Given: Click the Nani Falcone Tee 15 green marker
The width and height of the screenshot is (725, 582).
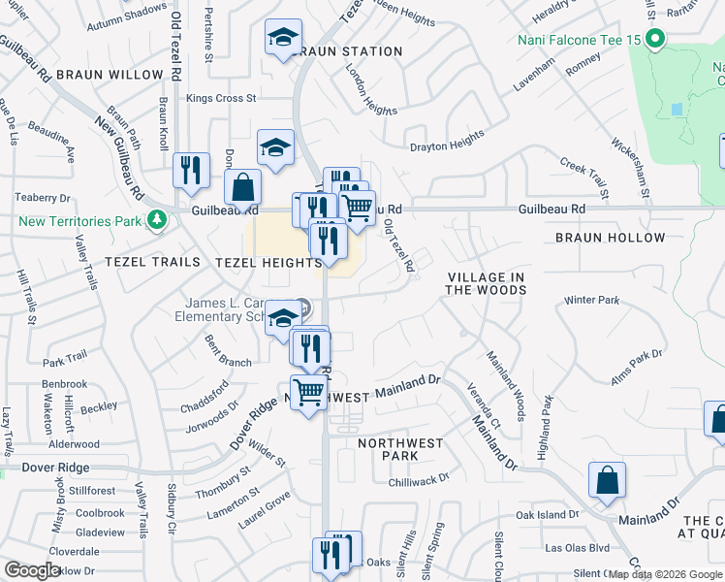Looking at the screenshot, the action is click(655, 40).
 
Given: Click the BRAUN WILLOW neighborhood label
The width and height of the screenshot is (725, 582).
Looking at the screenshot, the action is click(110, 75).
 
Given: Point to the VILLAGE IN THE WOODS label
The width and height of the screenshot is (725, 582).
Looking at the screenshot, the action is click(486, 283).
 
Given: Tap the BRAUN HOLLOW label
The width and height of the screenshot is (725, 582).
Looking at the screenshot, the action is click(611, 238).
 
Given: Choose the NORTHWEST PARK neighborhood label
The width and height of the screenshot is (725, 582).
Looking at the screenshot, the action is click(400, 449).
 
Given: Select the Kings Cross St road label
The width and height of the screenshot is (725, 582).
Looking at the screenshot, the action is click(221, 98).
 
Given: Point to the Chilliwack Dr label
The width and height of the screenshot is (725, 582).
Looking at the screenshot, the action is click(419, 478).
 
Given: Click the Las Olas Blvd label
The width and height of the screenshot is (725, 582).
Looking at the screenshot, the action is click(577, 548).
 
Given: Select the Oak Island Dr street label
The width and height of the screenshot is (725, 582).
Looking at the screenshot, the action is click(547, 515).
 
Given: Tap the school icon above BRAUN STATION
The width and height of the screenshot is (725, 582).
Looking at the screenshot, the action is click(282, 39).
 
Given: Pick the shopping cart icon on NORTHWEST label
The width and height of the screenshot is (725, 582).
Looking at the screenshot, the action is click(309, 393).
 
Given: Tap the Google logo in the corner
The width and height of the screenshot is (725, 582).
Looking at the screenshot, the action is click(32, 570).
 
